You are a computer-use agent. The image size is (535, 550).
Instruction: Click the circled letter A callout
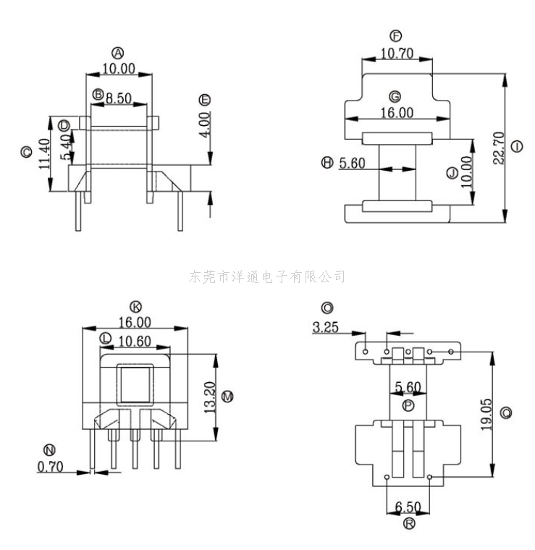[118, 52]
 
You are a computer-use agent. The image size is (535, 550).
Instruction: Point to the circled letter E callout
[205, 99]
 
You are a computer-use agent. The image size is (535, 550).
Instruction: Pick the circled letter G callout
[395, 96]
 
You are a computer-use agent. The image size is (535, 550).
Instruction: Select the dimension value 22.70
[498, 148]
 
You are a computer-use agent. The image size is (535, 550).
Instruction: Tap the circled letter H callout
[327, 164]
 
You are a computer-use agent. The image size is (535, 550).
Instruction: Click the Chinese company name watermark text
[266, 276]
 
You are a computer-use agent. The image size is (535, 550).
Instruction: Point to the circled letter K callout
[134, 306]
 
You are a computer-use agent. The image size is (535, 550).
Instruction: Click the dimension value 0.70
[50, 467]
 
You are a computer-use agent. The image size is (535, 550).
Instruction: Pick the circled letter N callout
[49, 449]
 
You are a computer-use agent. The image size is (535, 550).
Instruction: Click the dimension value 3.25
[325, 327]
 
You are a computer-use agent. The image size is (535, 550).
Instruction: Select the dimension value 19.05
[484, 412]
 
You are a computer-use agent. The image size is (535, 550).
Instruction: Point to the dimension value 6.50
[409, 506]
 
